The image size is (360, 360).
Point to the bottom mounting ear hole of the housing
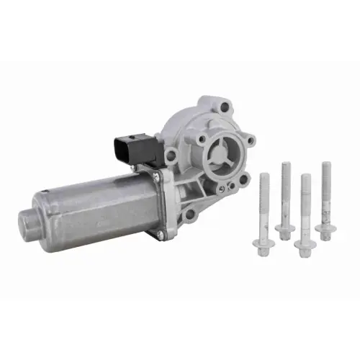pos(189,214)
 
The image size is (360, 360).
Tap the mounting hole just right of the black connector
pos(171,154)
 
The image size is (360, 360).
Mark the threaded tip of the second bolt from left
pos(286,168)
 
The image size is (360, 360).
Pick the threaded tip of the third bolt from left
pos(305,180)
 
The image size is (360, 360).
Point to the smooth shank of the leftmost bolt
pos(264,216)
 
